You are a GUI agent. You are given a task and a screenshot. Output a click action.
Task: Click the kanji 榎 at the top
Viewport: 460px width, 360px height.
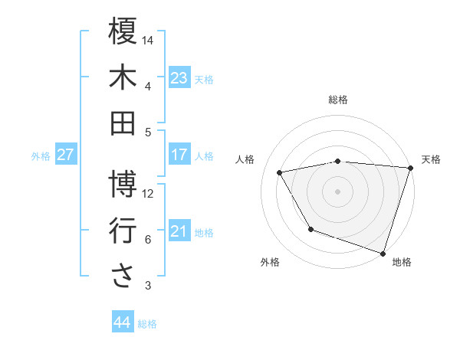[x=123, y=31]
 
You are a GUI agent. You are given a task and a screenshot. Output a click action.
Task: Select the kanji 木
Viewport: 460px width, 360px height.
[x=123, y=77]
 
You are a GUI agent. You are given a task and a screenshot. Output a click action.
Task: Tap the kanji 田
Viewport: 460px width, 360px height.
[x=123, y=123]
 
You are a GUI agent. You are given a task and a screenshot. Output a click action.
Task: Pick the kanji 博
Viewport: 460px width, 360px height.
[x=123, y=184]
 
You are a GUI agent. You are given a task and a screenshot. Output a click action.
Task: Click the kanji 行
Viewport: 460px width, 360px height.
[x=123, y=231]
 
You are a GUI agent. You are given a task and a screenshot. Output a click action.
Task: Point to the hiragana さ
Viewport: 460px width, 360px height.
[x=123, y=277]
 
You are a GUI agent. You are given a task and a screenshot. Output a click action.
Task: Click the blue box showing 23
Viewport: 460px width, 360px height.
[x=179, y=78]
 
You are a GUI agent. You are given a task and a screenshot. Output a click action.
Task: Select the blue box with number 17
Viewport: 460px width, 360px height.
[x=179, y=155]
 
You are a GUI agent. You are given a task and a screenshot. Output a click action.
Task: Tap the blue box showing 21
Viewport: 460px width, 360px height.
[x=179, y=231]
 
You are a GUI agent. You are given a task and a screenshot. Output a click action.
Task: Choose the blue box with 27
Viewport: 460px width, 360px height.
[x=66, y=155]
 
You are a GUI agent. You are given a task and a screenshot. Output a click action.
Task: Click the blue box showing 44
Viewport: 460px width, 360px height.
[x=123, y=322]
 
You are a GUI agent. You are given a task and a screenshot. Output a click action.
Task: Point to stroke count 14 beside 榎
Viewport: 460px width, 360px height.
[x=149, y=39]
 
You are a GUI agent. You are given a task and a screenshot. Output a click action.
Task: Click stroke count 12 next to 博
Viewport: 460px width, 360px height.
[x=149, y=194]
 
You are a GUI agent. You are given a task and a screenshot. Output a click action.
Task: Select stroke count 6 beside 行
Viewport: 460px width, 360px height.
[x=148, y=240]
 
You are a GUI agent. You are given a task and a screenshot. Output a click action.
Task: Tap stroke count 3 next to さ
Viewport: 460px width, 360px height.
[x=148, y=286]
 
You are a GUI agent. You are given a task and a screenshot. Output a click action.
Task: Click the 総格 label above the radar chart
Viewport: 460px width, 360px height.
[x=338, y=100]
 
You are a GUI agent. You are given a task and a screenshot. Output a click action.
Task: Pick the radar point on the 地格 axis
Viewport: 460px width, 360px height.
[x=383, y=252]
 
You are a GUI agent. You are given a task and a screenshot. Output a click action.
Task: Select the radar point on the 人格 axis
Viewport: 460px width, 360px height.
[x=280, y=172]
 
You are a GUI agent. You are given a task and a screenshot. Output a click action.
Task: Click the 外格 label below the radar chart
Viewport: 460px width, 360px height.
[x=270, y=262]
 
